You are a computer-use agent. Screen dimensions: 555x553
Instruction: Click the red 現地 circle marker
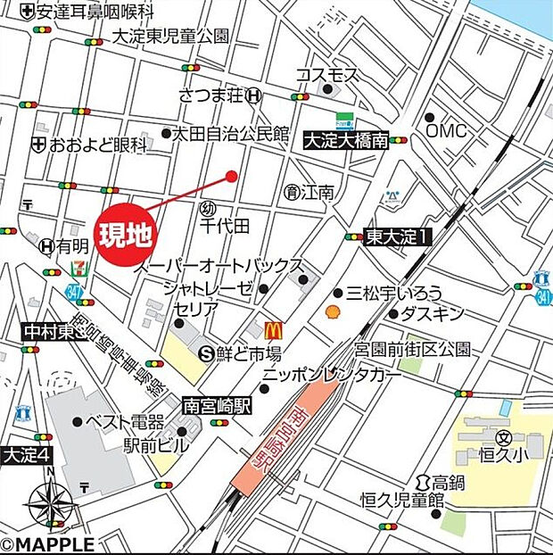point(127,236)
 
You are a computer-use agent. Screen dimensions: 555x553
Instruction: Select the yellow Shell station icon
point(333,312)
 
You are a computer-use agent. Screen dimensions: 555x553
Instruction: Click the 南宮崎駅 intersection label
point(217,404)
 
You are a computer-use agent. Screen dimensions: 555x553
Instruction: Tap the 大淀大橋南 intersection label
point(345,140)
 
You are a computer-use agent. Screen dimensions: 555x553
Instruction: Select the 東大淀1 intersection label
point(398,236)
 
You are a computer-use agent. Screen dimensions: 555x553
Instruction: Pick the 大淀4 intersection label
point(28,454)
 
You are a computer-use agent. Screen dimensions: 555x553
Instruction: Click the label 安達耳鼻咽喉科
point(95,12)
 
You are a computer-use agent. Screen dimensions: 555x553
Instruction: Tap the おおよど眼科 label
point(98,144)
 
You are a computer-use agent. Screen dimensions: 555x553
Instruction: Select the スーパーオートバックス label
point(219,267)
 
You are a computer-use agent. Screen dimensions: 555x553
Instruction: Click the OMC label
point(446,130)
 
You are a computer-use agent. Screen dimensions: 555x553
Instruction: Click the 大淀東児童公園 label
point(171,36)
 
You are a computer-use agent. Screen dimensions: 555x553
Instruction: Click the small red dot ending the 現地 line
point(232,177)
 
